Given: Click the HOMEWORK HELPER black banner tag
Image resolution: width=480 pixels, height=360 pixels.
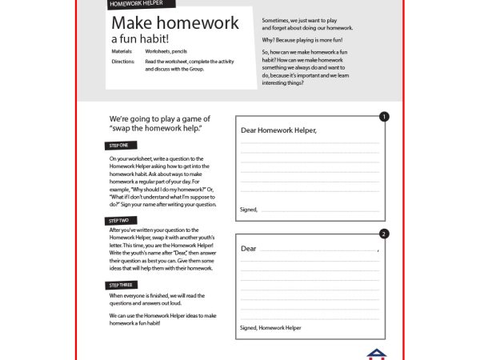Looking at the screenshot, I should (137, 4).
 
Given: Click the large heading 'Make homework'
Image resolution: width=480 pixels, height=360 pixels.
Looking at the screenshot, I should (174, 23).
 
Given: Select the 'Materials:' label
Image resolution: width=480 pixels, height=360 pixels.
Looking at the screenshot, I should (122, 51).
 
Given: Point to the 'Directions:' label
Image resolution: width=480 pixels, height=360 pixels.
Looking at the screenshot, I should (123, 61).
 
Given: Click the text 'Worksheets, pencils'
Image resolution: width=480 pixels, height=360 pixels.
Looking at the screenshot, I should (166, 51).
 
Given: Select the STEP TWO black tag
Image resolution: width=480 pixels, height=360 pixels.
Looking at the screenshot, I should (121, 220).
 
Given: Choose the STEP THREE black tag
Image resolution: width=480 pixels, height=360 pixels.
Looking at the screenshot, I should (122, 285).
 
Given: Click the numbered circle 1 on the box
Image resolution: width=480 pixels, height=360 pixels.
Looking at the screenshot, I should (384, 117).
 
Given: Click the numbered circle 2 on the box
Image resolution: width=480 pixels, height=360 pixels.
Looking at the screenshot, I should (384, 234).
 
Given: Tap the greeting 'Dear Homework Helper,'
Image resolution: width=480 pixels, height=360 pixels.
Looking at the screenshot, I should (278, 131).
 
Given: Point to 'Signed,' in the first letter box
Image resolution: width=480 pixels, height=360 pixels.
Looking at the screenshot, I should (249, 209).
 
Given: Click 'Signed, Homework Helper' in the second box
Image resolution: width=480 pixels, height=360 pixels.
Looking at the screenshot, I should (270, 328).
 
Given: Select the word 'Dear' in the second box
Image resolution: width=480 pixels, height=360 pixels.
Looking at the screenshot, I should (249, 249).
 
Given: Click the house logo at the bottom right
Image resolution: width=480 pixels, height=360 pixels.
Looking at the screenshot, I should (375, 354).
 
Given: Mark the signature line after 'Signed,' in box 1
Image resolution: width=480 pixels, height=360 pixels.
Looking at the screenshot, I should (320, 211).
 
